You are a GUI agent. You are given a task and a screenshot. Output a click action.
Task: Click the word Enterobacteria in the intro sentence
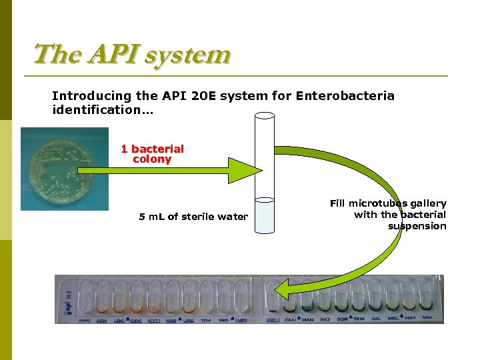[345, 96]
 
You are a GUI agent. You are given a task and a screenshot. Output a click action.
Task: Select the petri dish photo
[64, 169]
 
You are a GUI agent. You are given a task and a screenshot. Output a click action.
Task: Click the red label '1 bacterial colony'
[152, 154]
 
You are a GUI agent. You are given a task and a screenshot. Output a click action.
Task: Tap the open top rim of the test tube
[265, 115]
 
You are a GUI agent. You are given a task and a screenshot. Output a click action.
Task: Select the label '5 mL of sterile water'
[193, 217]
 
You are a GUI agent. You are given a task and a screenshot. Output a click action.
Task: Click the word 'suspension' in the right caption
[417, 226]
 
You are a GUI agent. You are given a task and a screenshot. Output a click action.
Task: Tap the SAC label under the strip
[376, 319]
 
